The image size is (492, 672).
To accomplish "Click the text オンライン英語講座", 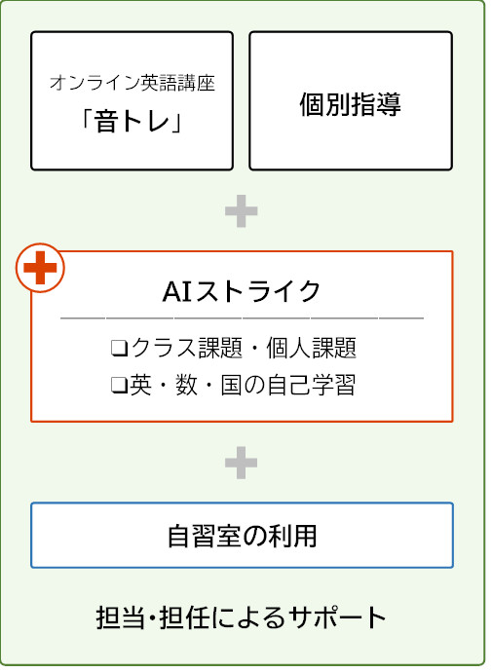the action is (132, 83).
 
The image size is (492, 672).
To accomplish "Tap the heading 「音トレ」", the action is (132, 121).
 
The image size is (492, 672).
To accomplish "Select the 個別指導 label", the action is (350, 104).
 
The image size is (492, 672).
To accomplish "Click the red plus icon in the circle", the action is (40, 268).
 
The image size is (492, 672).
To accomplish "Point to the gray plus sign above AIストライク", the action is (242, 211).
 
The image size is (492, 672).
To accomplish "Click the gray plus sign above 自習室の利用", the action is (242, 463).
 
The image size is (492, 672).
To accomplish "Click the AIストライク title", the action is (242, 291).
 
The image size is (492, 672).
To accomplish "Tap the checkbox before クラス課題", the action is (119, 348).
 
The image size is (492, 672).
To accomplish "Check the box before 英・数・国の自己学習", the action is (119, 386).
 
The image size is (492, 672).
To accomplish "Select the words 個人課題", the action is (311, 348).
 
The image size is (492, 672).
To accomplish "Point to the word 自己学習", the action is (312, 385).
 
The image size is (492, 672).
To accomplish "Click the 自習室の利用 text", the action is (243, 536).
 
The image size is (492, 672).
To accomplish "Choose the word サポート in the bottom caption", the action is (337, 617).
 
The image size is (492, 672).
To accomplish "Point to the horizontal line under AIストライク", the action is (242, 318).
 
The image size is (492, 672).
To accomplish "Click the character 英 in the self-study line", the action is (141, 385).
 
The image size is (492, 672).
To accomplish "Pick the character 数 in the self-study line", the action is (186, 385).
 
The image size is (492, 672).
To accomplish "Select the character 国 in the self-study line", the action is (232, 385).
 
